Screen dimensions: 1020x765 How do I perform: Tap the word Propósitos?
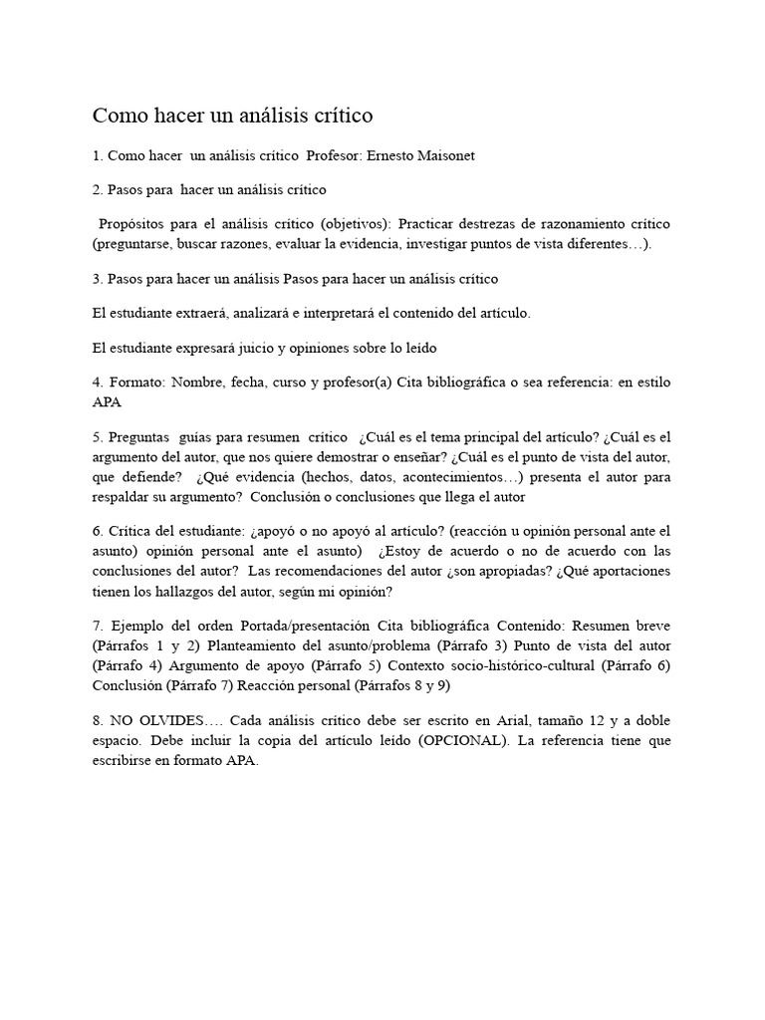point(135,222)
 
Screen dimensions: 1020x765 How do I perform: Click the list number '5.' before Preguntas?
point(98,438)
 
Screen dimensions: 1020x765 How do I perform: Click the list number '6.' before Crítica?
point(98,532)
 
